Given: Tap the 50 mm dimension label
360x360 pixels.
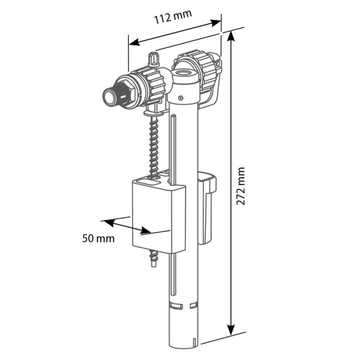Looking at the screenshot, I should coord(98,239).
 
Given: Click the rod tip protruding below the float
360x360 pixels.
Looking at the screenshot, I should coord(155,259).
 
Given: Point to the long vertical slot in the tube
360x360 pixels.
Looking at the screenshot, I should coord(173,144).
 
